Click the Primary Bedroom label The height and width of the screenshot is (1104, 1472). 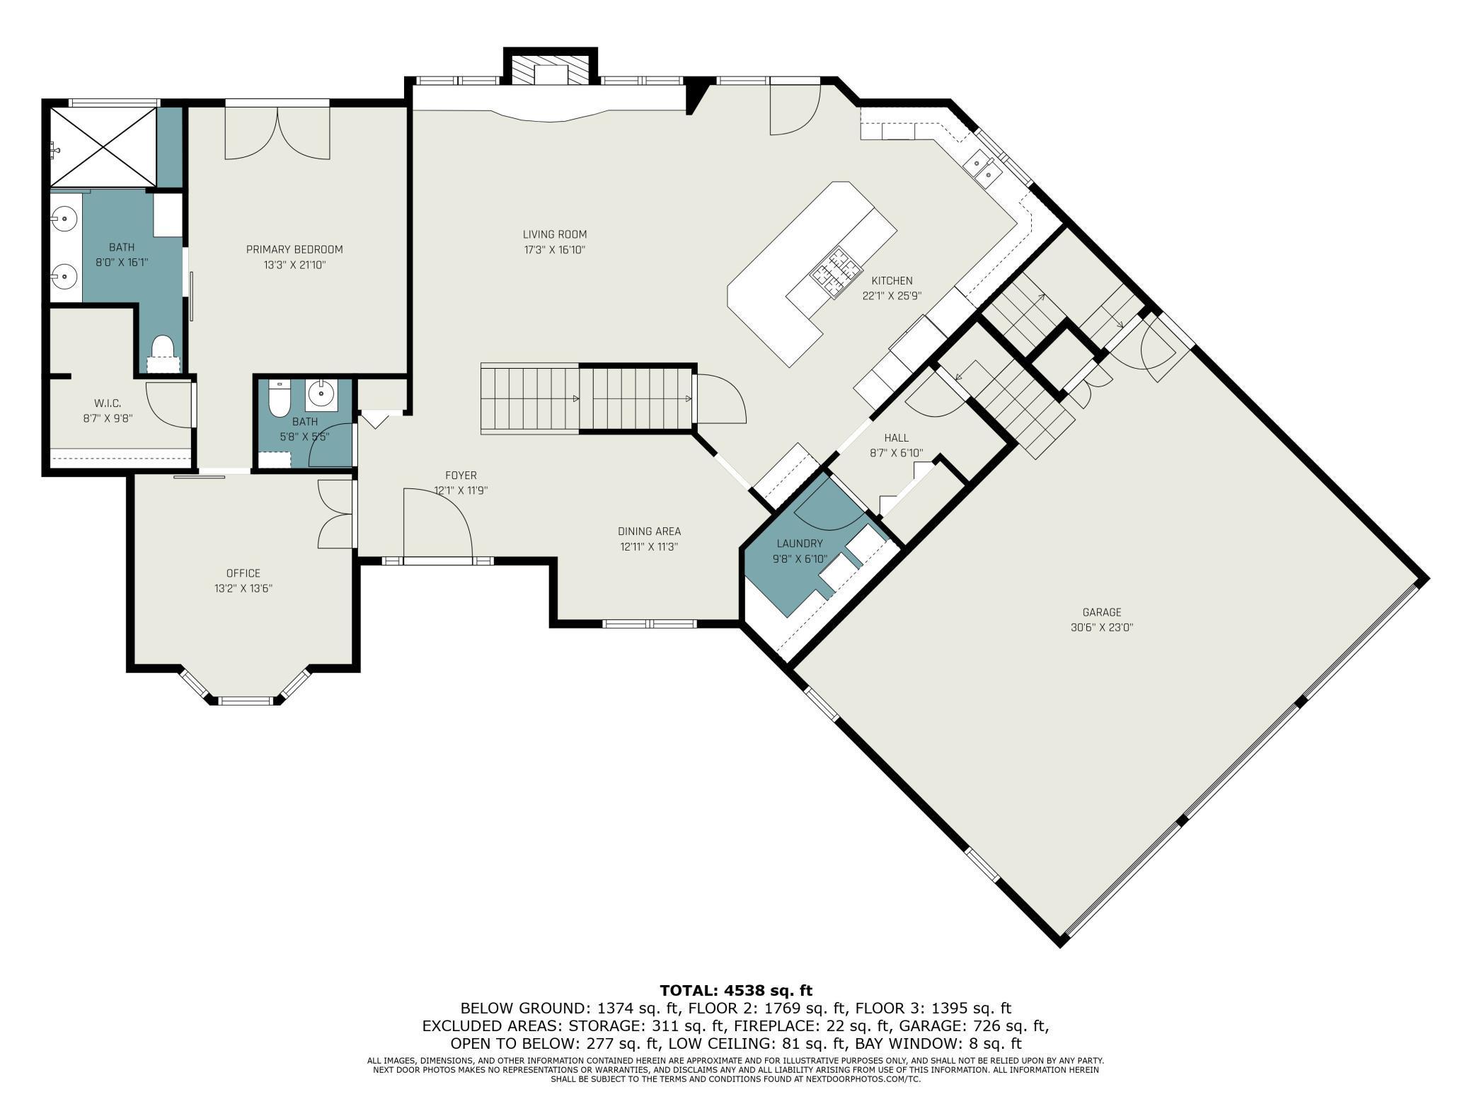(294, 249)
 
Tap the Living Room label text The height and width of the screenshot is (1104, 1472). (555, 234)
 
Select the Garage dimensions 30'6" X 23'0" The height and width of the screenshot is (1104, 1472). (1102, 627)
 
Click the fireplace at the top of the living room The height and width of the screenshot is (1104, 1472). (550, 69)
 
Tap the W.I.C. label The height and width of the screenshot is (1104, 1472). (108, 403)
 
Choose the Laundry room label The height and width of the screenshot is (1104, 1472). (800, 544)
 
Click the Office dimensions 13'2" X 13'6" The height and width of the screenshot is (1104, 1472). (243, 588)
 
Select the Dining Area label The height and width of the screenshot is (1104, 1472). (649, 531)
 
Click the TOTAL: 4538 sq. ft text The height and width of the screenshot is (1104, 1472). (736, 990)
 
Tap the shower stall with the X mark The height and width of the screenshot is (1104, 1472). (102, 147)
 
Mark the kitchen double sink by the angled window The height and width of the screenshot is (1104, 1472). (984, 167)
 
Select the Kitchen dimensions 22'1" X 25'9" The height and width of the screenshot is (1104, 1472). (892, 297)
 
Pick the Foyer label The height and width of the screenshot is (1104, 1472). (461, 476)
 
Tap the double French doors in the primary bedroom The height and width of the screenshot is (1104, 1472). (277, 132)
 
